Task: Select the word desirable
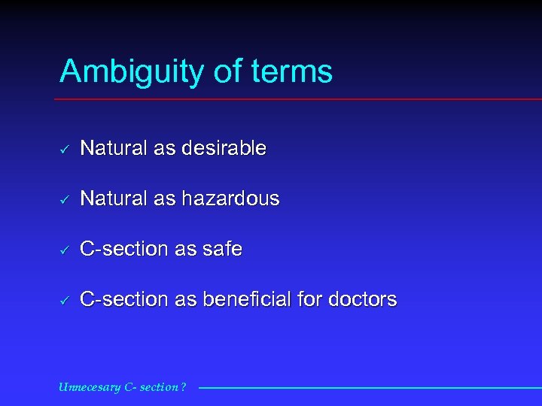pyautogui.click(x=224, y=149)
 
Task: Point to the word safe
pyautogui.click(x=223, y=250)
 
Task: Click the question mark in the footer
pyautogui.click(x=184, y=388)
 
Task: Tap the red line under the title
pyautogui.click(x=301, y=99)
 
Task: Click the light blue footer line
pyautogui.click(x=369, y=388)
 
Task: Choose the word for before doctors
pyautogui.click(x=309, y=299)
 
